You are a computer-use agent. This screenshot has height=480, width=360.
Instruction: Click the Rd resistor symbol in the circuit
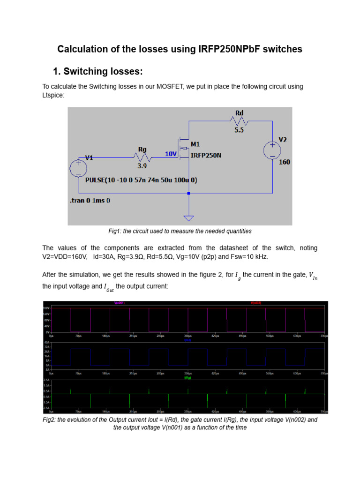[239, 121]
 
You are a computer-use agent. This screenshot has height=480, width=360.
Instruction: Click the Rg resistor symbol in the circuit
[142, 158]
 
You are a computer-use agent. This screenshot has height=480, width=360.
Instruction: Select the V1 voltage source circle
[78, 168]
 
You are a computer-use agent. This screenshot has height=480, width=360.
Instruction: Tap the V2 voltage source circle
[272, 150]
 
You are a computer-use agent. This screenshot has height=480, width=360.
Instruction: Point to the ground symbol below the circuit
[189, 217]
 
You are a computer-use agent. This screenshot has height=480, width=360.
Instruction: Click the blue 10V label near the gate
[171, 154]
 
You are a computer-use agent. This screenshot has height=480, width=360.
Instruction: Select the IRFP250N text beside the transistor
[205, 156]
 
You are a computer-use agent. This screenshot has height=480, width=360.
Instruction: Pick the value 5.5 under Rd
[239, 130]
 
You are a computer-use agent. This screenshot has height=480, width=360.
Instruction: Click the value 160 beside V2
[285, 162]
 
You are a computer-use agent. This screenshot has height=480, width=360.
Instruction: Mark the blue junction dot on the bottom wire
[189, 193]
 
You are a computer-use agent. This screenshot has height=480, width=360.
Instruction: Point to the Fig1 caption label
[115, 231]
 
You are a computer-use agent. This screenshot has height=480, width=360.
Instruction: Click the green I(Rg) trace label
[187, 377]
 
